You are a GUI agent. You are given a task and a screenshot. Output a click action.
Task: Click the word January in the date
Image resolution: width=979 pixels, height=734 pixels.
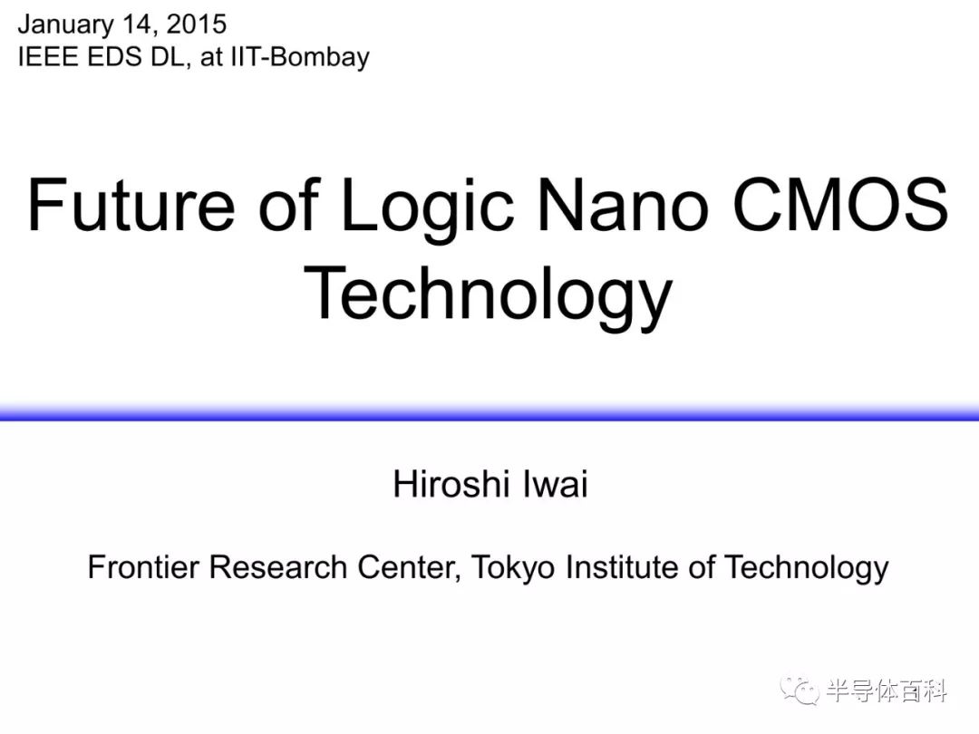coord(65,25)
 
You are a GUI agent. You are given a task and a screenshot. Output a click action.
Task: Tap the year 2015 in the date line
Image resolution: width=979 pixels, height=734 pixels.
coord(197,24)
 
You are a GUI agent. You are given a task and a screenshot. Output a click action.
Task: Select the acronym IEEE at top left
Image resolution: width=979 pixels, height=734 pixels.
coord(49,57)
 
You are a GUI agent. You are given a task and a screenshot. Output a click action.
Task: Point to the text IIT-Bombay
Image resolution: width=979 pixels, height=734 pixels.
coord(300,57)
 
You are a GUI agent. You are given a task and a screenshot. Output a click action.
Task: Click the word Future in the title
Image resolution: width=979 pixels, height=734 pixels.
coord(131,205)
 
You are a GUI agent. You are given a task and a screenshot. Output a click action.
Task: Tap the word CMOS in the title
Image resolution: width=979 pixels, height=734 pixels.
coord(840,204)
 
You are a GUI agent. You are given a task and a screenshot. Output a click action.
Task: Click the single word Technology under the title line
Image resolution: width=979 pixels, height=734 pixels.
coord(489,295)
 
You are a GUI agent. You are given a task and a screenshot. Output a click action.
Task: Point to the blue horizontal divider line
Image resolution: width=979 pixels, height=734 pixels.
coord(489,412)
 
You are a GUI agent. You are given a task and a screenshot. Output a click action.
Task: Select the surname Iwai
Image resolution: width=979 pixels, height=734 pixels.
coord(555,484)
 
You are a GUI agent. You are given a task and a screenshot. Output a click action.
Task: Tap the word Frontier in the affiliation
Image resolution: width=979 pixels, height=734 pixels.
coord(143,566)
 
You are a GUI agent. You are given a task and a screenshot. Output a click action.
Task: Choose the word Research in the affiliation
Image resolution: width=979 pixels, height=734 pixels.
coord(278,566)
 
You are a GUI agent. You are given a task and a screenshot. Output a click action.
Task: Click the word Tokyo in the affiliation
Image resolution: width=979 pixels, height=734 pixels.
coord(513,568)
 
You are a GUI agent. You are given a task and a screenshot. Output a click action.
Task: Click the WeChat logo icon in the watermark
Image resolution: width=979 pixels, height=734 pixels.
coord(800,691)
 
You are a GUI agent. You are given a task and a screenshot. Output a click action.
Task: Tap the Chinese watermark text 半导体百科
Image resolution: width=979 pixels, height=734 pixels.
coord(887,691)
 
